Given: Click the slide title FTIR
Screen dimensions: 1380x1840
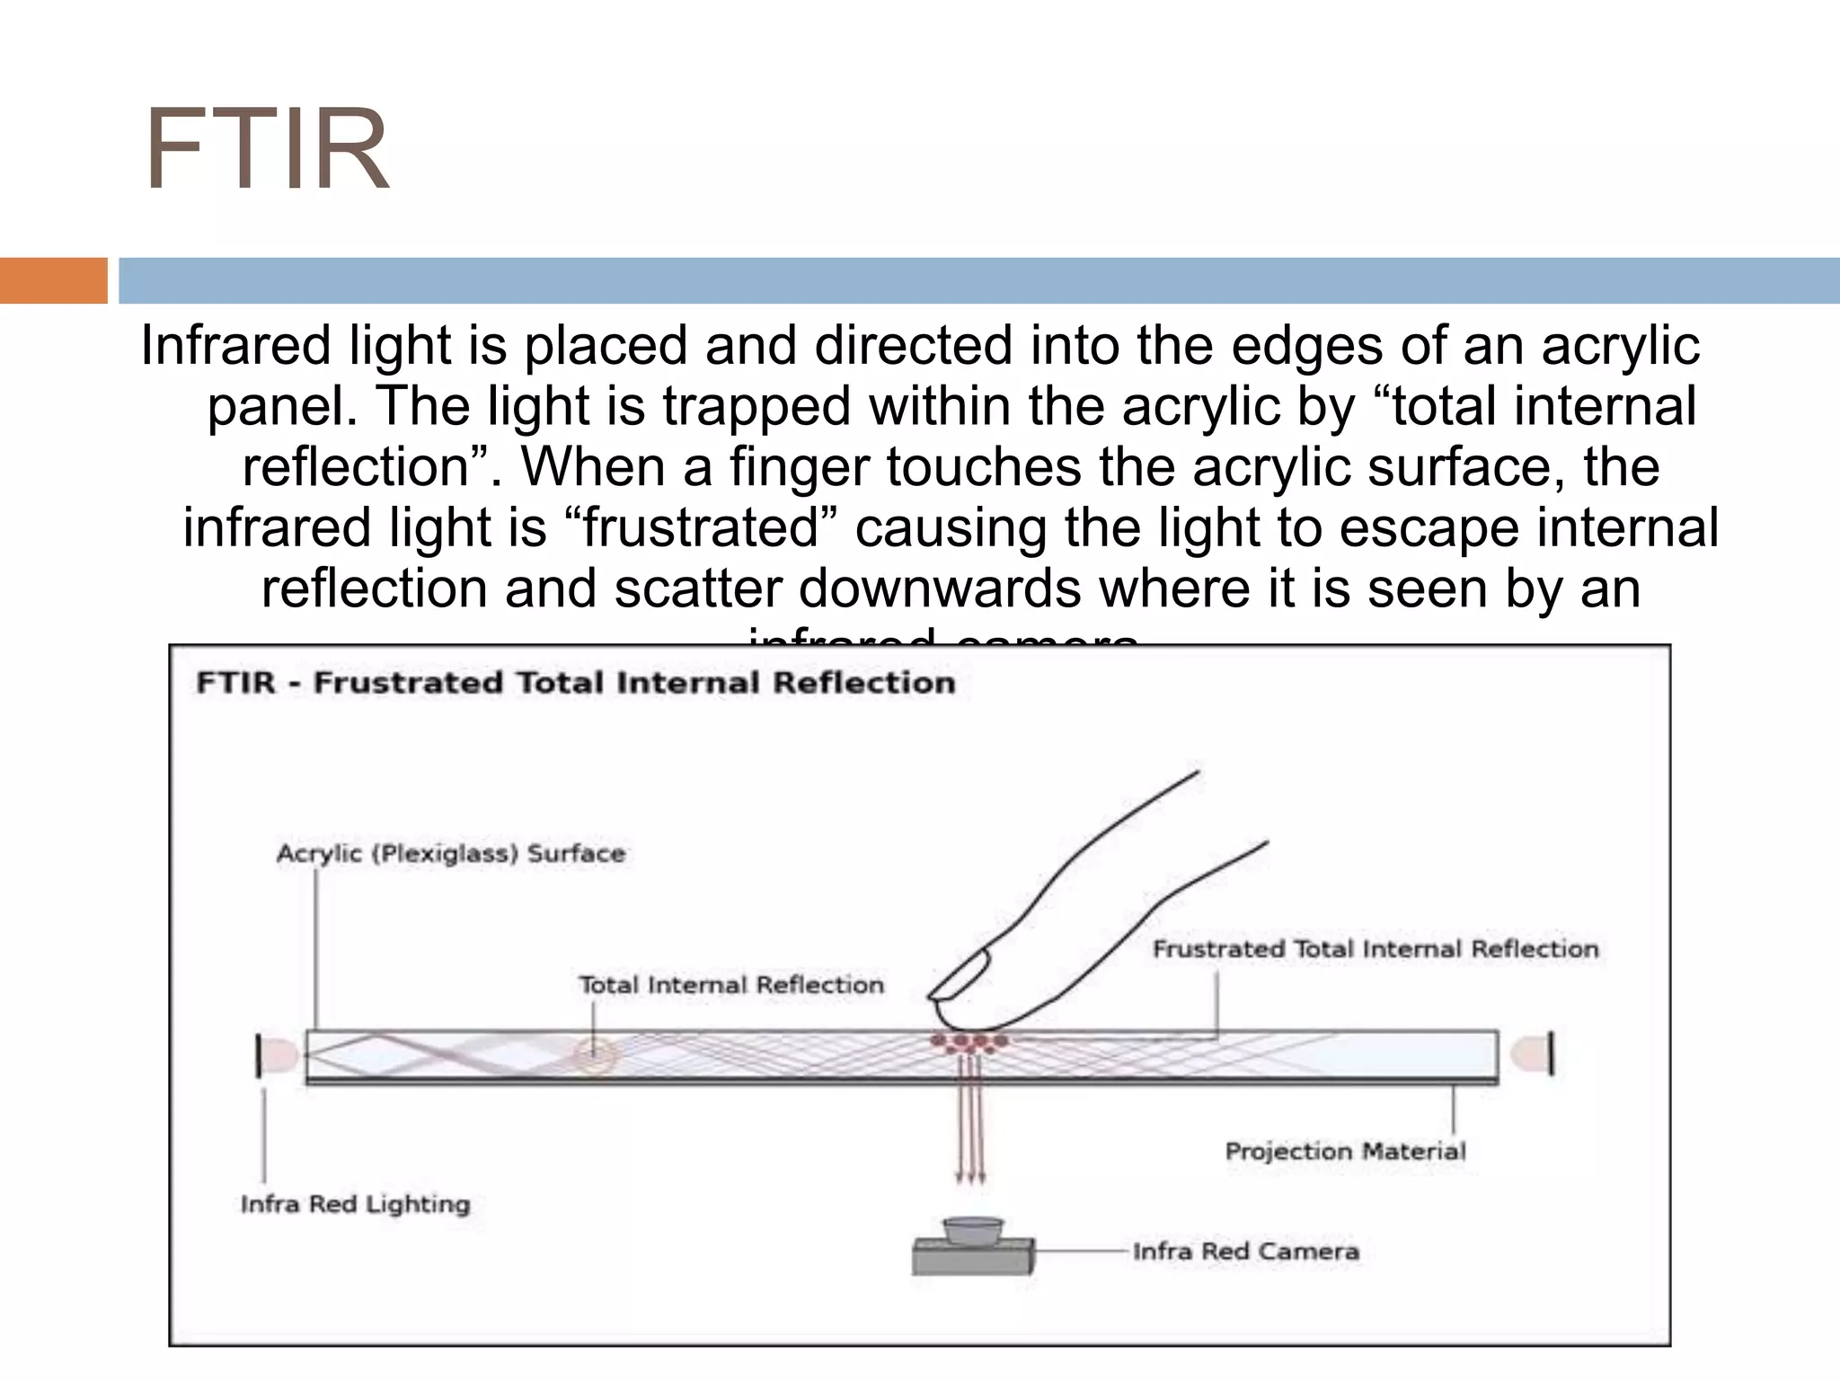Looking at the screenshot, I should tap(267, 151).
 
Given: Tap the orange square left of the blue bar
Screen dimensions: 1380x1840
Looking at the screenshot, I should tap(53, 280).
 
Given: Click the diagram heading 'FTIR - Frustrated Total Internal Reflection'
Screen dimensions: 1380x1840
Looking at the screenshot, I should tap(575, 683).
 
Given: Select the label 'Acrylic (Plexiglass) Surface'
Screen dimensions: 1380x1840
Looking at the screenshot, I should tap(450, 853).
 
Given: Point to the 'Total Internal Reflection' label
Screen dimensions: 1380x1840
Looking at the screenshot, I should tap(730, 985).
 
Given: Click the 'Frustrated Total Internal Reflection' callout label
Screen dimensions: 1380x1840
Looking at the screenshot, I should tap(1375, 949).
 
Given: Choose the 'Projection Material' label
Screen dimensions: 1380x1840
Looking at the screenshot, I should tap(1344, 1151).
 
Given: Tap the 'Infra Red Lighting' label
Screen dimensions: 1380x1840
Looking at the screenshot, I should tap(355, 1204).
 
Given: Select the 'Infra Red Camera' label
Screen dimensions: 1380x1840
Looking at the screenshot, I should tap(1245, 1251).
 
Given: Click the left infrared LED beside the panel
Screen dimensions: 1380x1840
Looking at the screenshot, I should tap(277, 1055).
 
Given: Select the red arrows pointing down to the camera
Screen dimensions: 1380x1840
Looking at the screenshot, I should tap(971, 1123).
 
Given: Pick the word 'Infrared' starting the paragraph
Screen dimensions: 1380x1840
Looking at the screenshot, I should tap(235, 346).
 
